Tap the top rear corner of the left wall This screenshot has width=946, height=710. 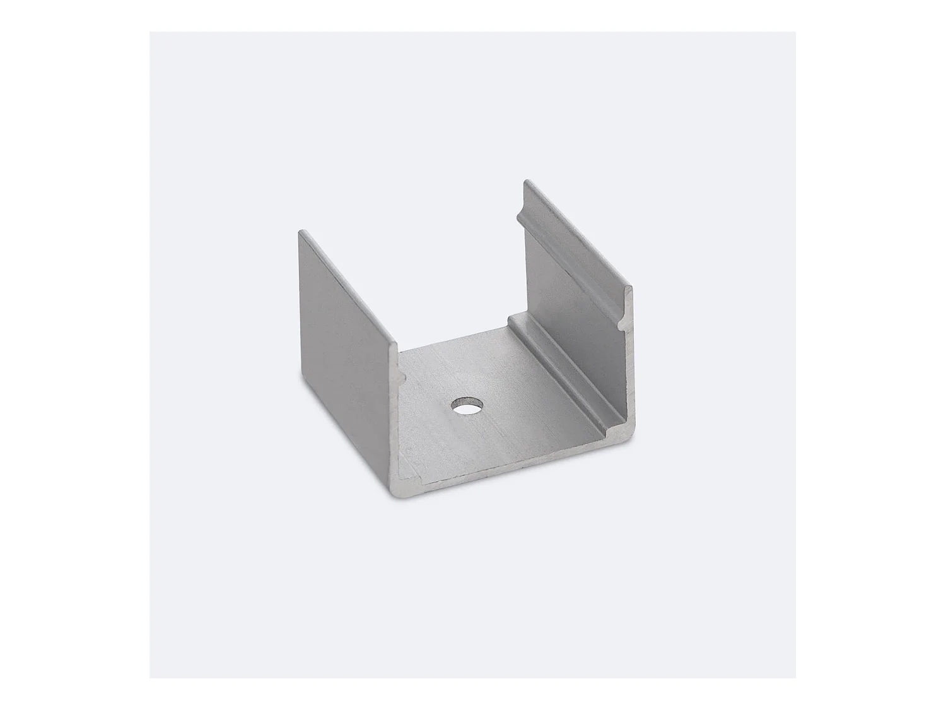pyautogui.click(x=301, y=231)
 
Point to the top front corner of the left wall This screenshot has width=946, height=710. pyautogui.click(x=396, y=344)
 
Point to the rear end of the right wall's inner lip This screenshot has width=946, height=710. pyautogui.click(x=520, y=218)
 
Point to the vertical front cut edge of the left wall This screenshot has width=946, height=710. pyautogui.click(x=397, y=410)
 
